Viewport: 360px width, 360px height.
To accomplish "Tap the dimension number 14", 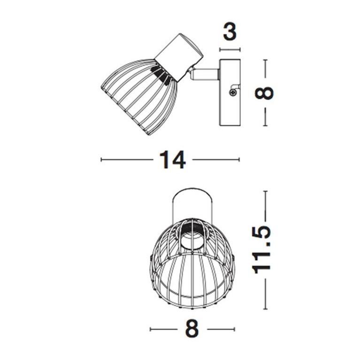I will (x=172, y=160).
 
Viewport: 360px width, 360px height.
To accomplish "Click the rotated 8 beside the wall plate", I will (x=265, y=92).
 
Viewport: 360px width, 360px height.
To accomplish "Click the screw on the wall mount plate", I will (x=233, y=92).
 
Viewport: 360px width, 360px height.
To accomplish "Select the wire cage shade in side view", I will (x=138, y=94).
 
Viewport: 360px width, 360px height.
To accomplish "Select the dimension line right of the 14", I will (x=216, y=160).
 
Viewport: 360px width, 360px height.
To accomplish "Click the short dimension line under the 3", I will (x=230, y=49).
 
